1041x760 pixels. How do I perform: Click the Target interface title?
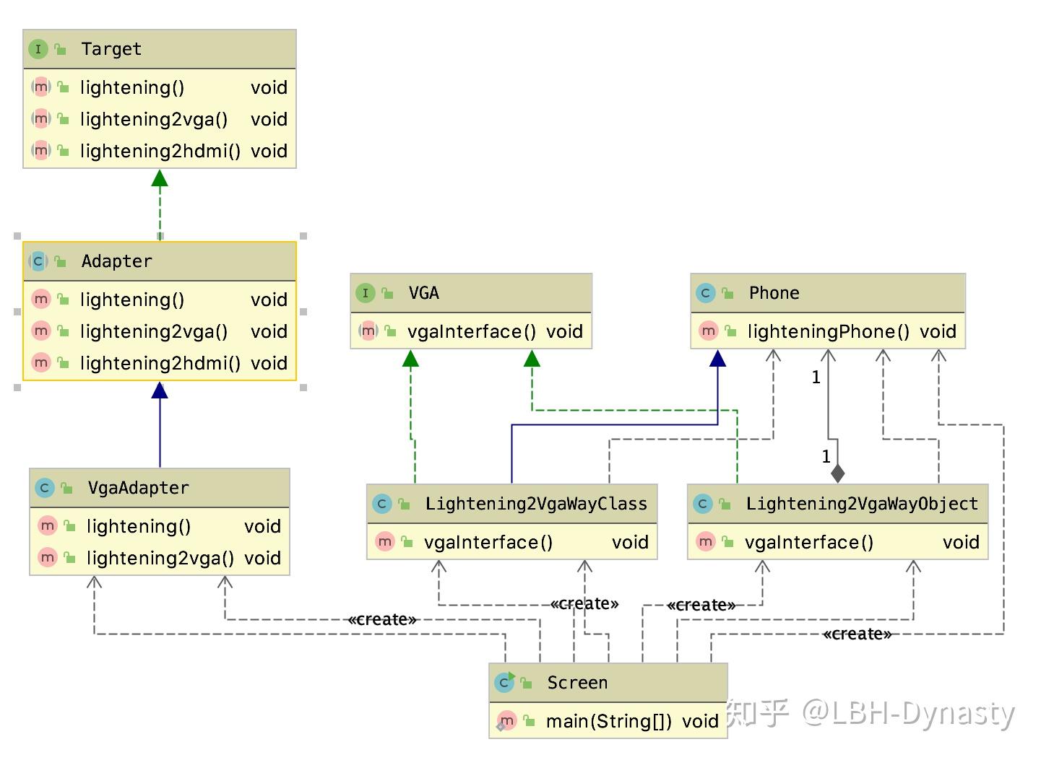click(111, 49)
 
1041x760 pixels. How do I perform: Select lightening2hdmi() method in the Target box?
click(160, 151)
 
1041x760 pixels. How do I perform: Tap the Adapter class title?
click(116, 261)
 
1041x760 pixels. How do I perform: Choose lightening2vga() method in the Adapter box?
click(153, 331)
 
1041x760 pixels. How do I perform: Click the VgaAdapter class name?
click(138, 488)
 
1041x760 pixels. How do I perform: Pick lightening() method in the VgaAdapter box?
click(138, 526)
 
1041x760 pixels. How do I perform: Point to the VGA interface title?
click(423, 293)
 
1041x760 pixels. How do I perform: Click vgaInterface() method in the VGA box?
click(471, 331)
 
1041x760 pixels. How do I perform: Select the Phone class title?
click(774, 293)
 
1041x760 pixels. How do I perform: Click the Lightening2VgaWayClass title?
click(536, 504)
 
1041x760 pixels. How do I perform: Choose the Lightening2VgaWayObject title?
click(862, 504)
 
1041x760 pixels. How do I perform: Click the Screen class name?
click(577, 683)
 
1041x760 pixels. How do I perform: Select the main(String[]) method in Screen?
click(608, 721)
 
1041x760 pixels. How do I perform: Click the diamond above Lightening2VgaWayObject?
click(837, 473)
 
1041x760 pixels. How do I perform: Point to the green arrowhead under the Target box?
click(160, 178)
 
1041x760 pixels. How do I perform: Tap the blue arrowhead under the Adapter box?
click(160, 390)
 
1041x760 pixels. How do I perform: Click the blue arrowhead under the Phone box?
click(717, 359)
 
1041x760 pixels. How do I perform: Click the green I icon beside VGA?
click(366, 293)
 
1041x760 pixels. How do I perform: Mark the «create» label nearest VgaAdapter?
click(381, 619)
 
